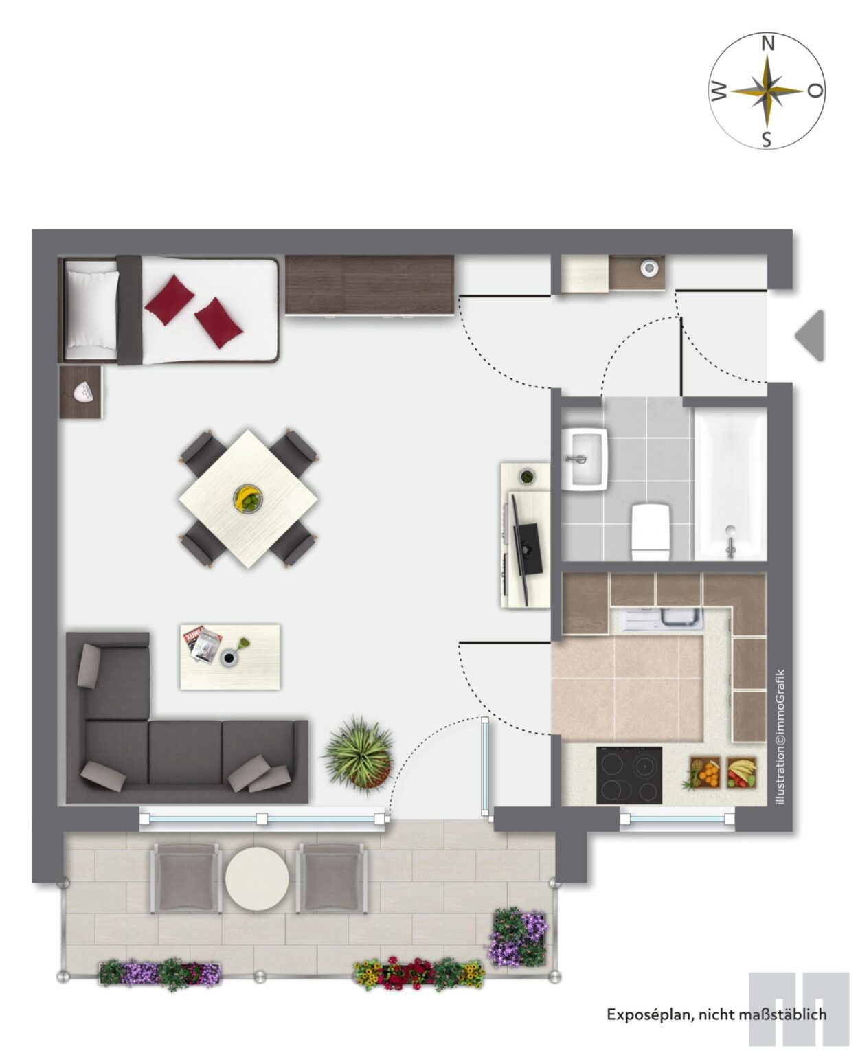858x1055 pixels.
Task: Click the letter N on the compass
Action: (767, 45)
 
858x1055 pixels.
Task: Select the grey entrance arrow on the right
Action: (810, 335)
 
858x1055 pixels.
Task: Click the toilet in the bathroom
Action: (651, 532)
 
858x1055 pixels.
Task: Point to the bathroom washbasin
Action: (585, 459)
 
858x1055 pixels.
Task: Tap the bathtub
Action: (730, 486)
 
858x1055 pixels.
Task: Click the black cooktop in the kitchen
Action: (629, 775)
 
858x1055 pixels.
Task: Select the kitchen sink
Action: (662, 619)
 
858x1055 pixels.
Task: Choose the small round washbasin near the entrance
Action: (649, 268)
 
